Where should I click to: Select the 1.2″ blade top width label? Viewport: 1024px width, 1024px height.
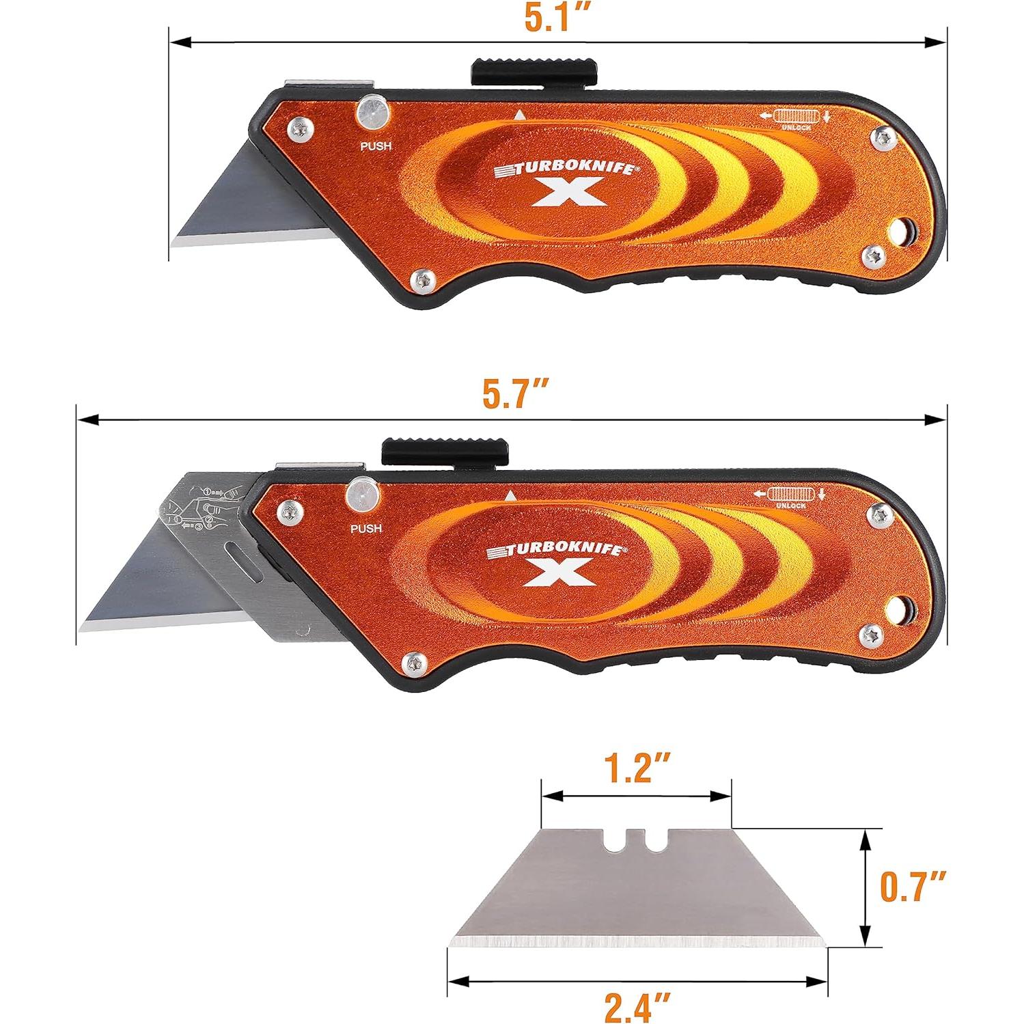(x=637, y=768)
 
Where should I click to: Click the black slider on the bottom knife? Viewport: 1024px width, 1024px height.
(x=445, y=449)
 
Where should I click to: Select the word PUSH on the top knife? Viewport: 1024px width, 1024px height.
(x=376, y=146)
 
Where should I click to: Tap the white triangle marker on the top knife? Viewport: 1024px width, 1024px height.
(x=519, y=115)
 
